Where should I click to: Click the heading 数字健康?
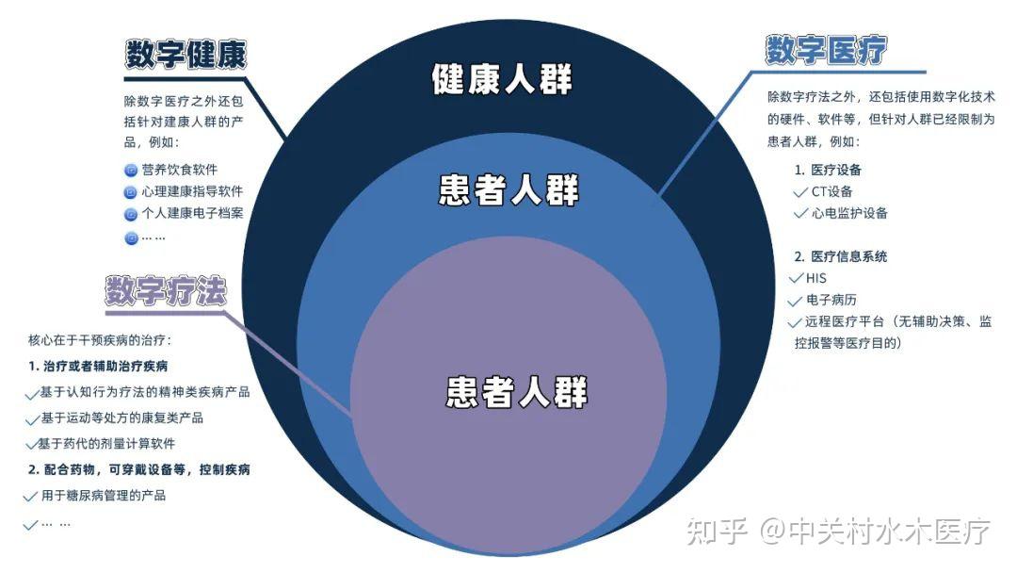[186, 55]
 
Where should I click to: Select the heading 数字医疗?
[826, 50]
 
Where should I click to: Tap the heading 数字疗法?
[166, 291]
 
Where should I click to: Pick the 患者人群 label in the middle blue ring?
[509, 191]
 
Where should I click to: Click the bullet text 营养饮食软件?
[179, 170]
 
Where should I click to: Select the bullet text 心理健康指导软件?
[192, 191]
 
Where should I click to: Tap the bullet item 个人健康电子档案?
[192, 213]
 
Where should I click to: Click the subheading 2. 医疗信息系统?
[840, 256]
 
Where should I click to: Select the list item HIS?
[815, 278]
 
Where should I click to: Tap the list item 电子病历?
[831, 300]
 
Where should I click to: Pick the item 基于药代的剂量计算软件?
[106, 443]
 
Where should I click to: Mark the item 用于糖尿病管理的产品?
[103, 495]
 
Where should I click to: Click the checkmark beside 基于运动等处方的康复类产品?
[30, 418]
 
